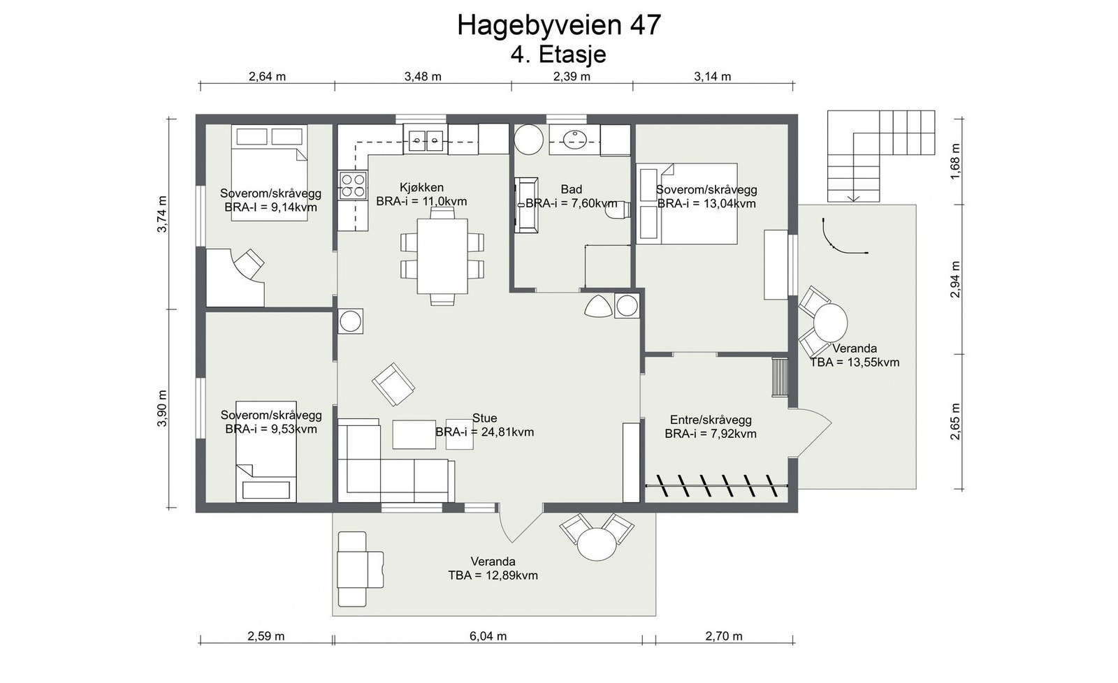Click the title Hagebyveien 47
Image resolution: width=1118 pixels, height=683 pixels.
[x=559, y=25]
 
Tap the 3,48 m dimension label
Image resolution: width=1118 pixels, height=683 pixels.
[x=423, y=76]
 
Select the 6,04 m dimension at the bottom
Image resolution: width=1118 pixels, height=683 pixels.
[x=488, y=636]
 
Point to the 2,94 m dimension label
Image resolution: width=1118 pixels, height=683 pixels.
[x=955, y=279]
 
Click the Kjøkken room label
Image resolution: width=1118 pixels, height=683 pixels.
[x=422, y=188]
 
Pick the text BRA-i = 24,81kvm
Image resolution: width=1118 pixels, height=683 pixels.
[x=485, y=432]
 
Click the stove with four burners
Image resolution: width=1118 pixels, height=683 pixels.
[x=353, y=185]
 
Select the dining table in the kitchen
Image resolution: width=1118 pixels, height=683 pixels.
[x=442, y=256]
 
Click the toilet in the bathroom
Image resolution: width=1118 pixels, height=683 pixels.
[x=618, y=210]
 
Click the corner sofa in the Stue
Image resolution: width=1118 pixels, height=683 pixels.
[x=395, y=461]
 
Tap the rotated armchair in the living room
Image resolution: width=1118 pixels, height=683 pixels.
[x=393, y=384]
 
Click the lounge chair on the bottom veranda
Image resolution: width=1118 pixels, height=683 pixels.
[x=361, y=568]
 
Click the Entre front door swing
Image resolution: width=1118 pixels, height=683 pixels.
[x=810, y=432]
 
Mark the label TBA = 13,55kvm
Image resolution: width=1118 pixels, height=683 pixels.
[x=855, y=362]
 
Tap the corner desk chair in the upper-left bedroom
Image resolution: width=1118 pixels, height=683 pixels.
[x=249, y=263]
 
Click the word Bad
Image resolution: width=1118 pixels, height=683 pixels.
[x=572, y=189]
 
